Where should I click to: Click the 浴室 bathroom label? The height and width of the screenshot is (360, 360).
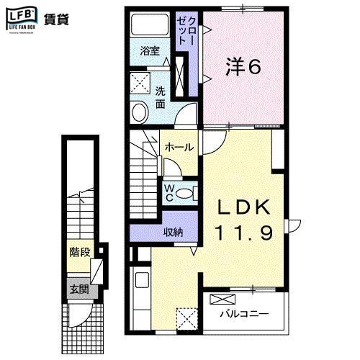point(149,53)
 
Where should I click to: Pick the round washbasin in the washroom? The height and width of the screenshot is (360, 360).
point(139,112)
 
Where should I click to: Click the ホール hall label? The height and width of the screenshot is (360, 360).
point(179,147)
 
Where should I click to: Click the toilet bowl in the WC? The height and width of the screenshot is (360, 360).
point(185,192)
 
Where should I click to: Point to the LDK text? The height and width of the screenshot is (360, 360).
point(244,207)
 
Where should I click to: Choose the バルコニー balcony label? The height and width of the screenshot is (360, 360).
point(244,315)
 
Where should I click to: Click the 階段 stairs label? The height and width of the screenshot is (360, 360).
point(79,253)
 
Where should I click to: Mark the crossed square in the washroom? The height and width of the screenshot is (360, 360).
point(140,81)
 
